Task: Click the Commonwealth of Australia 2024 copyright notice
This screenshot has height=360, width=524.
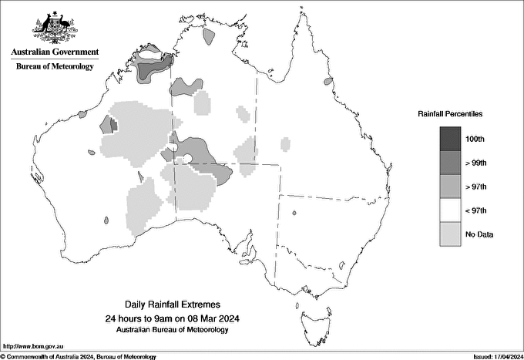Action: point(80,356)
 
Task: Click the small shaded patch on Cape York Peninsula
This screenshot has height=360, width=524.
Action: point(327,80)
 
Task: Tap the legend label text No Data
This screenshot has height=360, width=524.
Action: point(479,234)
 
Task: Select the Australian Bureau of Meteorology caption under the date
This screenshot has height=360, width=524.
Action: point(167,330)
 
